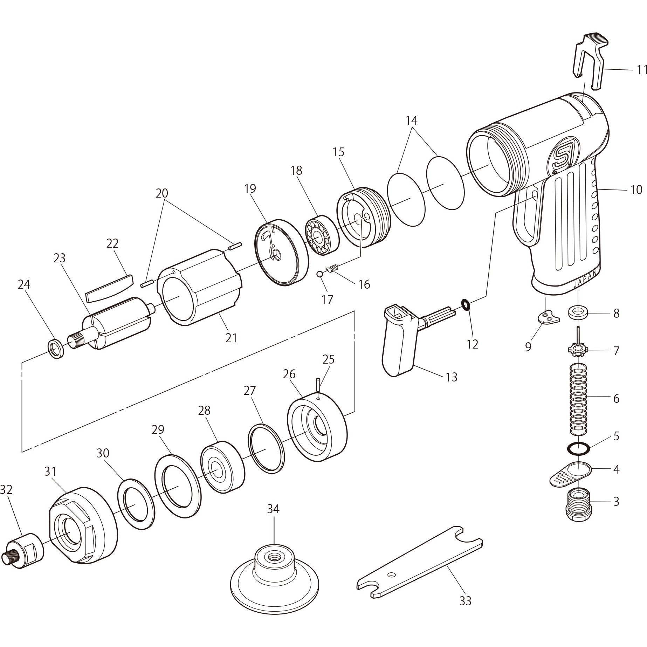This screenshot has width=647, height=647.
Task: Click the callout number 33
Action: (x=465, y=601)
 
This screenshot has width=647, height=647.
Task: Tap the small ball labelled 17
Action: (x=319, y=274)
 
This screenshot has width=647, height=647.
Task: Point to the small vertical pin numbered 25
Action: (x=318, y=385)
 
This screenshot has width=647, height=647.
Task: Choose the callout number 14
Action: (x=412, y=121)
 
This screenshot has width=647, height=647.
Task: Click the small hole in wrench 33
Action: (x=392, y=574)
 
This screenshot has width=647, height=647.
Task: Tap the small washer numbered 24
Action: (x=56, y=348)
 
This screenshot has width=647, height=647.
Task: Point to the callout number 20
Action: (x=162, y=193)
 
